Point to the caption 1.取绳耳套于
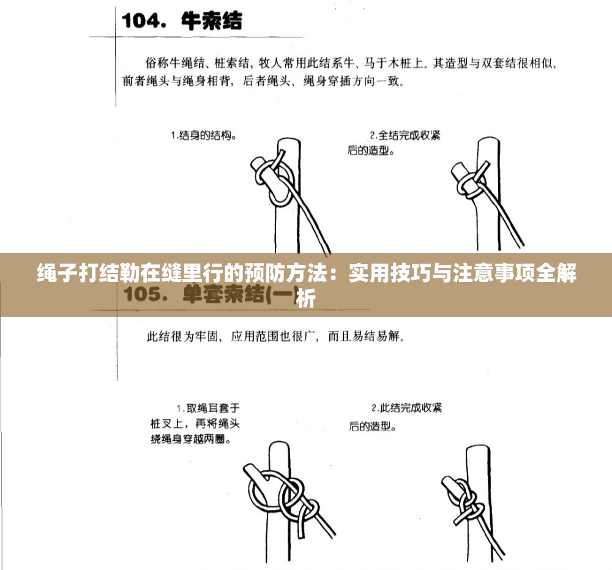pos(208,408)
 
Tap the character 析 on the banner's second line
pos(305,299)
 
